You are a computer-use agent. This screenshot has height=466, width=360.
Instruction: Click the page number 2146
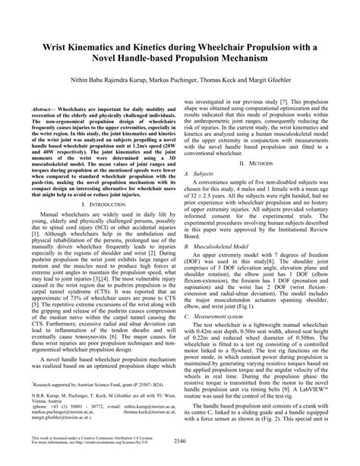point(179,460)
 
